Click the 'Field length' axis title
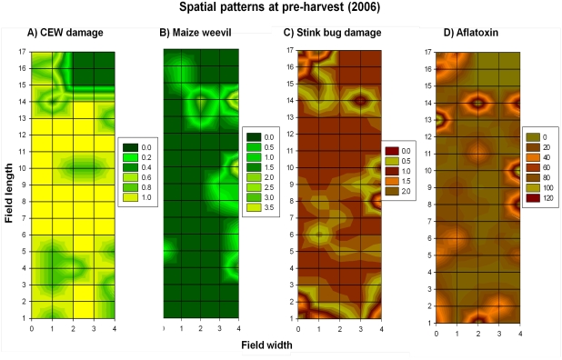coord(12,186)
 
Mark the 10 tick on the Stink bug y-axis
coord(290,167)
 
